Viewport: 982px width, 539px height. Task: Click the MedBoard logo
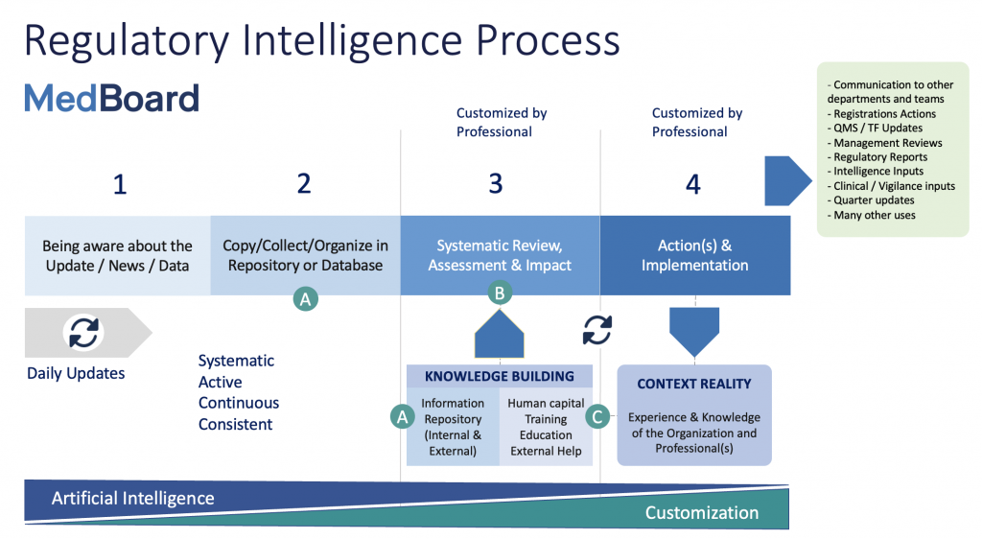tap(111, 99)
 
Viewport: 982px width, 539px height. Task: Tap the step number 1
tap(120, 183)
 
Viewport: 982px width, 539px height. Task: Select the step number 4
tap(693, 183)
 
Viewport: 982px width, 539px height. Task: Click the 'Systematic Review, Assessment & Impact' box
tap(499, 255)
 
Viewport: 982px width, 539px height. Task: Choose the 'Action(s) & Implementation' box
tap(695, 255)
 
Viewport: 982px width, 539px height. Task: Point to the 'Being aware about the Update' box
tap(118, 255)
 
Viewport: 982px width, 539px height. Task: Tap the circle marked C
tap(597, 416)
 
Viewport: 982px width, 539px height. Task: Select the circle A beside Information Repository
tap(403, 416)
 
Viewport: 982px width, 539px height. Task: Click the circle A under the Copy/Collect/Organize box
tap(305, 299)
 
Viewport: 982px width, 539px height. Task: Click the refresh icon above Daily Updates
tap(83, 332)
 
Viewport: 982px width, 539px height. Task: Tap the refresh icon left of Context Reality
tap(597, 330)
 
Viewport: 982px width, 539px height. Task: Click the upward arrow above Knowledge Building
tap(500, 336)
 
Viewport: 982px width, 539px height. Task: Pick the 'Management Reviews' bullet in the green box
tap(887, 143)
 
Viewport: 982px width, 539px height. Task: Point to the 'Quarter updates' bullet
tap(874, 200)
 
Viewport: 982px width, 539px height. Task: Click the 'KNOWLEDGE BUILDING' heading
tap(500, 377)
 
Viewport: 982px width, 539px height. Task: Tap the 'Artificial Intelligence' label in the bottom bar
tap(132, 498)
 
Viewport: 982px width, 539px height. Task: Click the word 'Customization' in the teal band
tap(701, 513)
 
